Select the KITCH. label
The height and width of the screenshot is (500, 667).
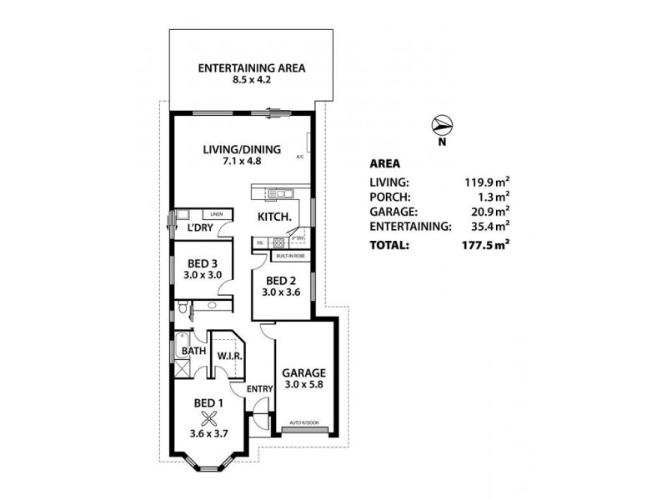click(273, 217)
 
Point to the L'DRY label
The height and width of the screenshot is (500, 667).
click(198, 227)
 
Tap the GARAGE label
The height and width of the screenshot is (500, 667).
click(303, 372)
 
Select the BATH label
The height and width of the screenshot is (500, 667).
click(193, 351)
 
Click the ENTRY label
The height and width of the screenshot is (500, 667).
click(258, 388)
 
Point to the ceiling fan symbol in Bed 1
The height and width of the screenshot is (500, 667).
click(208, 418)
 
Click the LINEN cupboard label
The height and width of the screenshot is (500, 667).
click(216, 213)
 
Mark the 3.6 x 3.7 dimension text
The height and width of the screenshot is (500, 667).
click(208, 433)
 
